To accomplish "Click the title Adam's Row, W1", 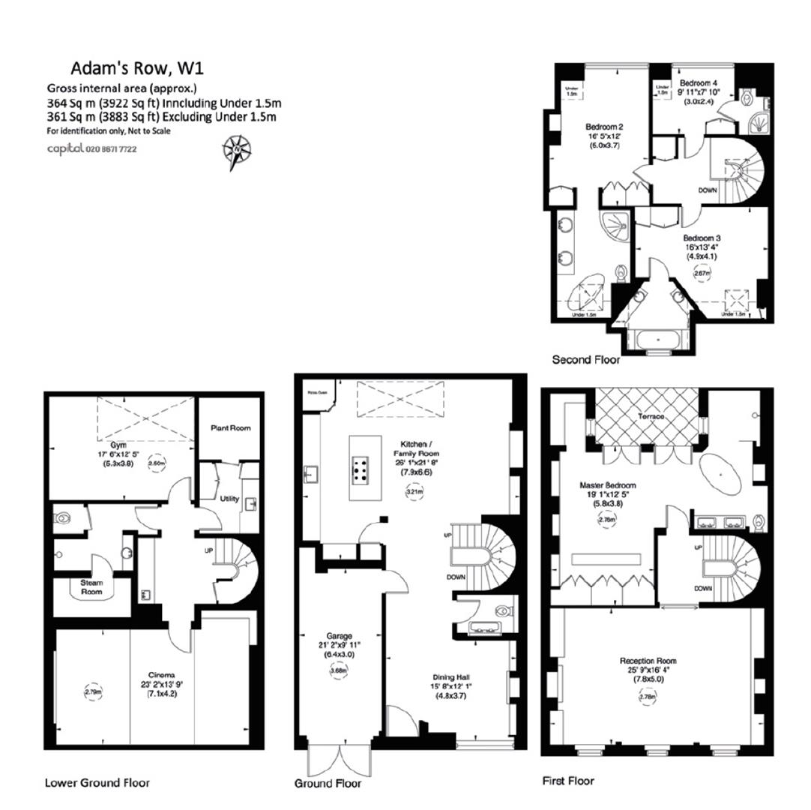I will pyautogui.click(x=137, y=69).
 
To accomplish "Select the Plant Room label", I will pyautogui.click(x=230, y=428).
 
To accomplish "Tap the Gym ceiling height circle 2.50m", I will pyautogui.click(x=157, y=463).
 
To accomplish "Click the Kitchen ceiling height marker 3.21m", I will pyautogui.click(x=415, y=492).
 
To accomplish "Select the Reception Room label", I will pyautogui.click(x=648, y=661).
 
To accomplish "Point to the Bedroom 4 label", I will pyautogui.click(x=699, y=82).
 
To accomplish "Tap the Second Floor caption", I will pyautogui.click(x=586, y=360).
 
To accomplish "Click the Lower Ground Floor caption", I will pyautogui.click(x=97, y=782).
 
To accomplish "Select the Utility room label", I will pyautogui.click(x=229, y=498).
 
